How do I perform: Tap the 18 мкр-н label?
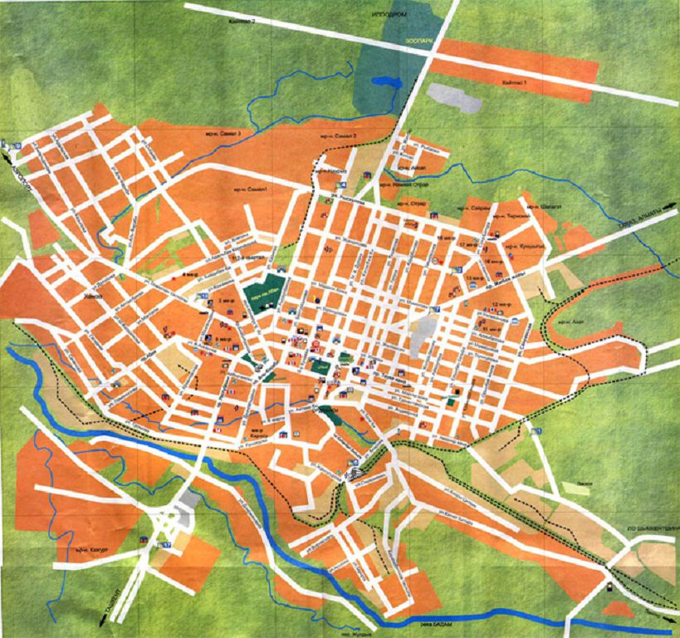coord(446,238)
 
